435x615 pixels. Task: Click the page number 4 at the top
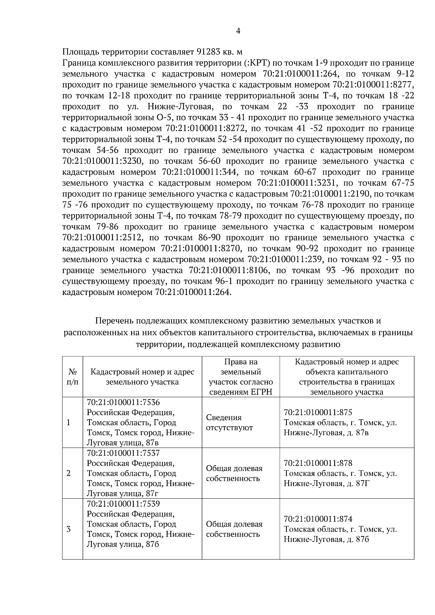pyautogui.click(x=238, y=31)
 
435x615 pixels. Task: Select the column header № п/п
pyautogui.click(x=72, y=377)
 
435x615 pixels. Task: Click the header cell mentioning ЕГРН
pyautogui.click(x=241, y=377)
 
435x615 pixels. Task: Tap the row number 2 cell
pyautogui.click(x=69, y=473)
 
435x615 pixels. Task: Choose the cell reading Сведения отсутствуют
pyautogui.click(x=224, y=423)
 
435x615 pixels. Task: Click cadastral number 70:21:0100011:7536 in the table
pyautogui.click(x=123, y=403)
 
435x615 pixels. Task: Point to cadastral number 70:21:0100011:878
pyautogui.click(x=318, y=463)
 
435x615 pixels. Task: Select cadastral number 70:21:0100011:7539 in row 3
pyautogui.click(x=123, y=504)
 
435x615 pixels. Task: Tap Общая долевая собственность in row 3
pyautogui.click(x=234, y=529)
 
